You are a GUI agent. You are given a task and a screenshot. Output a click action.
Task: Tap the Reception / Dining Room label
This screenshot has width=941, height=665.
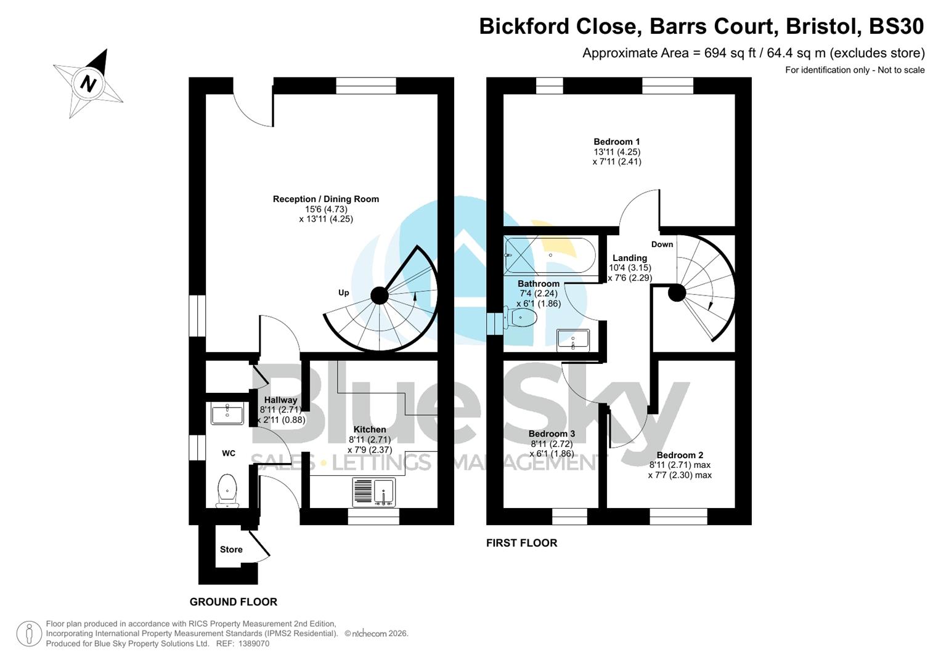(325, 199)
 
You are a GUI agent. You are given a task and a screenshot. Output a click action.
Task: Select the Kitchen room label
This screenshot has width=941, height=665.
(370, 429)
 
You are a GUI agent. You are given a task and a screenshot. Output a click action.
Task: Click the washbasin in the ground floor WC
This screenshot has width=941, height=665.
(227, 414)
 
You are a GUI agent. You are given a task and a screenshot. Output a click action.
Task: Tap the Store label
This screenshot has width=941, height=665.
(231, 549)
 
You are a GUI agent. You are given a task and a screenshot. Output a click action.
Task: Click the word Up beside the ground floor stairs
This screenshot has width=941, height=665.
(343, 292)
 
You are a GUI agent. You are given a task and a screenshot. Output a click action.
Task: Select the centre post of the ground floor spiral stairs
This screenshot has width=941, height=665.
(380, 296)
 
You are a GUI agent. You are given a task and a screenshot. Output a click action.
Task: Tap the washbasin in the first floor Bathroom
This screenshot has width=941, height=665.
(573, 340)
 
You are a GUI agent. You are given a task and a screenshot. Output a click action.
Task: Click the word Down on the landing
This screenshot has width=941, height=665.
(662, 244)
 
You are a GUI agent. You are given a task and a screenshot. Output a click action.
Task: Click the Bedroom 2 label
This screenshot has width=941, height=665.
(680, 455)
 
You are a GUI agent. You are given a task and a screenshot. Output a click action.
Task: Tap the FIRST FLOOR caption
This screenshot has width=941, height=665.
(521, 542)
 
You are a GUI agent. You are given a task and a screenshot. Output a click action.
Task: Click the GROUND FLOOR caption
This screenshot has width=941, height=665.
(233, 602)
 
